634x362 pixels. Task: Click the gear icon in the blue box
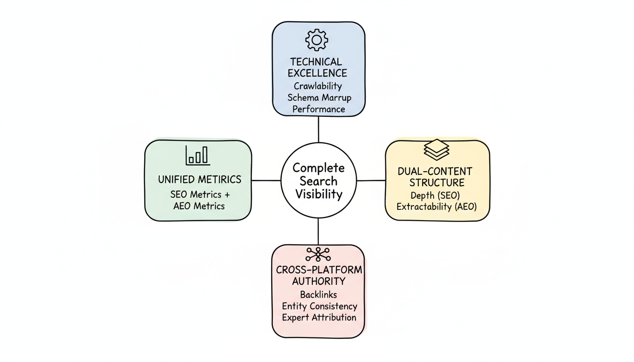[317, 40]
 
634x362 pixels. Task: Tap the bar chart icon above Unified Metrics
[198, 155]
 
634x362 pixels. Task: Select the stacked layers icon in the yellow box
[437, 149]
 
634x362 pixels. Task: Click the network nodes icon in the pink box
[318, 254]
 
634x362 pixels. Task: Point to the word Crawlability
[317, 86]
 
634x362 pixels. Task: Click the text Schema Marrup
[319, 98]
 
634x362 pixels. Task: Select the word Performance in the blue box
[318, 109]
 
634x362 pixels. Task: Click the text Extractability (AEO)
[437, 206]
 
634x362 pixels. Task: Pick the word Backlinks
[318, 295]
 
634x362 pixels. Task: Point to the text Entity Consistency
[319, 306]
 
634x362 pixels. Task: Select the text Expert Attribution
[319, 317]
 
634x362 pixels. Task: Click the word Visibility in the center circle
[318, 194]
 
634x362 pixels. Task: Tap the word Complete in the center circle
[318, 168]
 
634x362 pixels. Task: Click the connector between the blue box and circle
[318, 130]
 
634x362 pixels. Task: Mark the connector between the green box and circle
[266, 181]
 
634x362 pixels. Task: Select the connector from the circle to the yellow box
[371, 181]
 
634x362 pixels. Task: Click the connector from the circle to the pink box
[318, 231]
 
